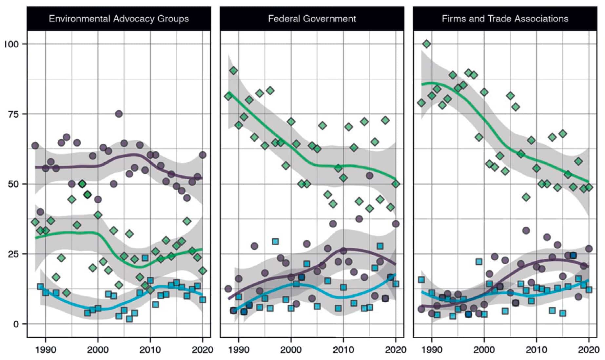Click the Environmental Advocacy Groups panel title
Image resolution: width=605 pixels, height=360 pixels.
click(119, 19)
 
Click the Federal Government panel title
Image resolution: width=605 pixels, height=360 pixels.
click(312, 19)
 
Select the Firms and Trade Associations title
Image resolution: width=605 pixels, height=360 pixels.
click(505, 19)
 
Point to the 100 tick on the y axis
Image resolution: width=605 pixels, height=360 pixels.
click(12, 44)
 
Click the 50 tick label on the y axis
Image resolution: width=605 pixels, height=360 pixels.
click(13, 184)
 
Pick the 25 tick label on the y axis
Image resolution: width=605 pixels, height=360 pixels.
click(13, 254)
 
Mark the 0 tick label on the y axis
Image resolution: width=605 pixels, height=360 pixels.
click(16, 324)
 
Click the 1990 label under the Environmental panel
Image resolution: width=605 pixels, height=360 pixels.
click(46, 350)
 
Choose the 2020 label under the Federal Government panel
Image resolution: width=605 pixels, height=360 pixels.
click(396, 350)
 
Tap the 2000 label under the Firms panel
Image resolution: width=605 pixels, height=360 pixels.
click(484, 350)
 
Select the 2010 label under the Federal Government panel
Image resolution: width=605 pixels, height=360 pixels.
click(343, 350)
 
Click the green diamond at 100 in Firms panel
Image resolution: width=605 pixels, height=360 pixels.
click(426, 44)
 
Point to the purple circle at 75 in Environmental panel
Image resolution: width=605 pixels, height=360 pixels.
click(119, 114)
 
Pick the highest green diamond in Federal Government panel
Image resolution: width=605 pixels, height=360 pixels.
click(233, 70)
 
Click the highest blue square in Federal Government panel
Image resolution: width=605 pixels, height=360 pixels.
click(275, 242)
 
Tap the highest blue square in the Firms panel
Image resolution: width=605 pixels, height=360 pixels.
click(479, 262)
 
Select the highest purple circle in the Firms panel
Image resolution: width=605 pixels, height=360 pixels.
click(526, 230)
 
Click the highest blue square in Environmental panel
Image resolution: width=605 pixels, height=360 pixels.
click(145, 258)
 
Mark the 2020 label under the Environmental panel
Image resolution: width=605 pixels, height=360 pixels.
click(202, 350)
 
